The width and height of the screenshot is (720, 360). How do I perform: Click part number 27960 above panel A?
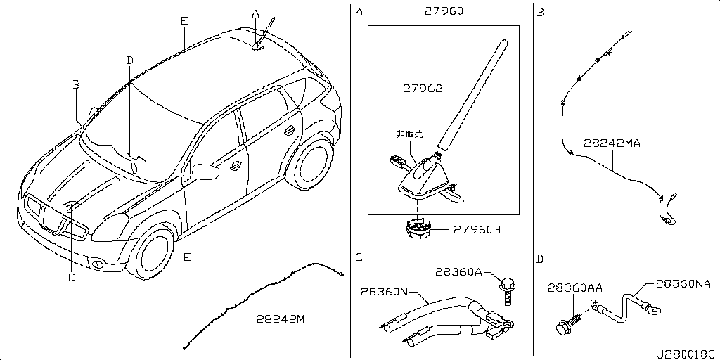444,12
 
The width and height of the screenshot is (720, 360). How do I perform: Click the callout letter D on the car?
129,60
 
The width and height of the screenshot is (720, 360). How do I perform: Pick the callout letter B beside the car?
77,84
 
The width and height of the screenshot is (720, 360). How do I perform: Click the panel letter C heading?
359,258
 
